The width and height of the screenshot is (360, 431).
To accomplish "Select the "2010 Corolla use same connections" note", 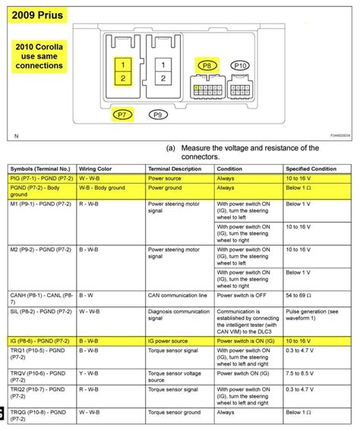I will click(x=39, y=55).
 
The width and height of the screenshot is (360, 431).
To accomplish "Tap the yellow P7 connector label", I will click(x=122, y=115).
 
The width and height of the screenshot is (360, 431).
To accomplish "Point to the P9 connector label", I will click(x=158, y=115).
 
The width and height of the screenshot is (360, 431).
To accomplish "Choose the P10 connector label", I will click(x=240, y=66).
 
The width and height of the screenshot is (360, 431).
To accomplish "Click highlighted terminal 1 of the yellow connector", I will click(x=122, y=65).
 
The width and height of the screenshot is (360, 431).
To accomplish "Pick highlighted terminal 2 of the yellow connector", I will click(x=122, y=78).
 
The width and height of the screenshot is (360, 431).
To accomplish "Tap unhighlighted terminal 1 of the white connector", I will click(x=160, y=65).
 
